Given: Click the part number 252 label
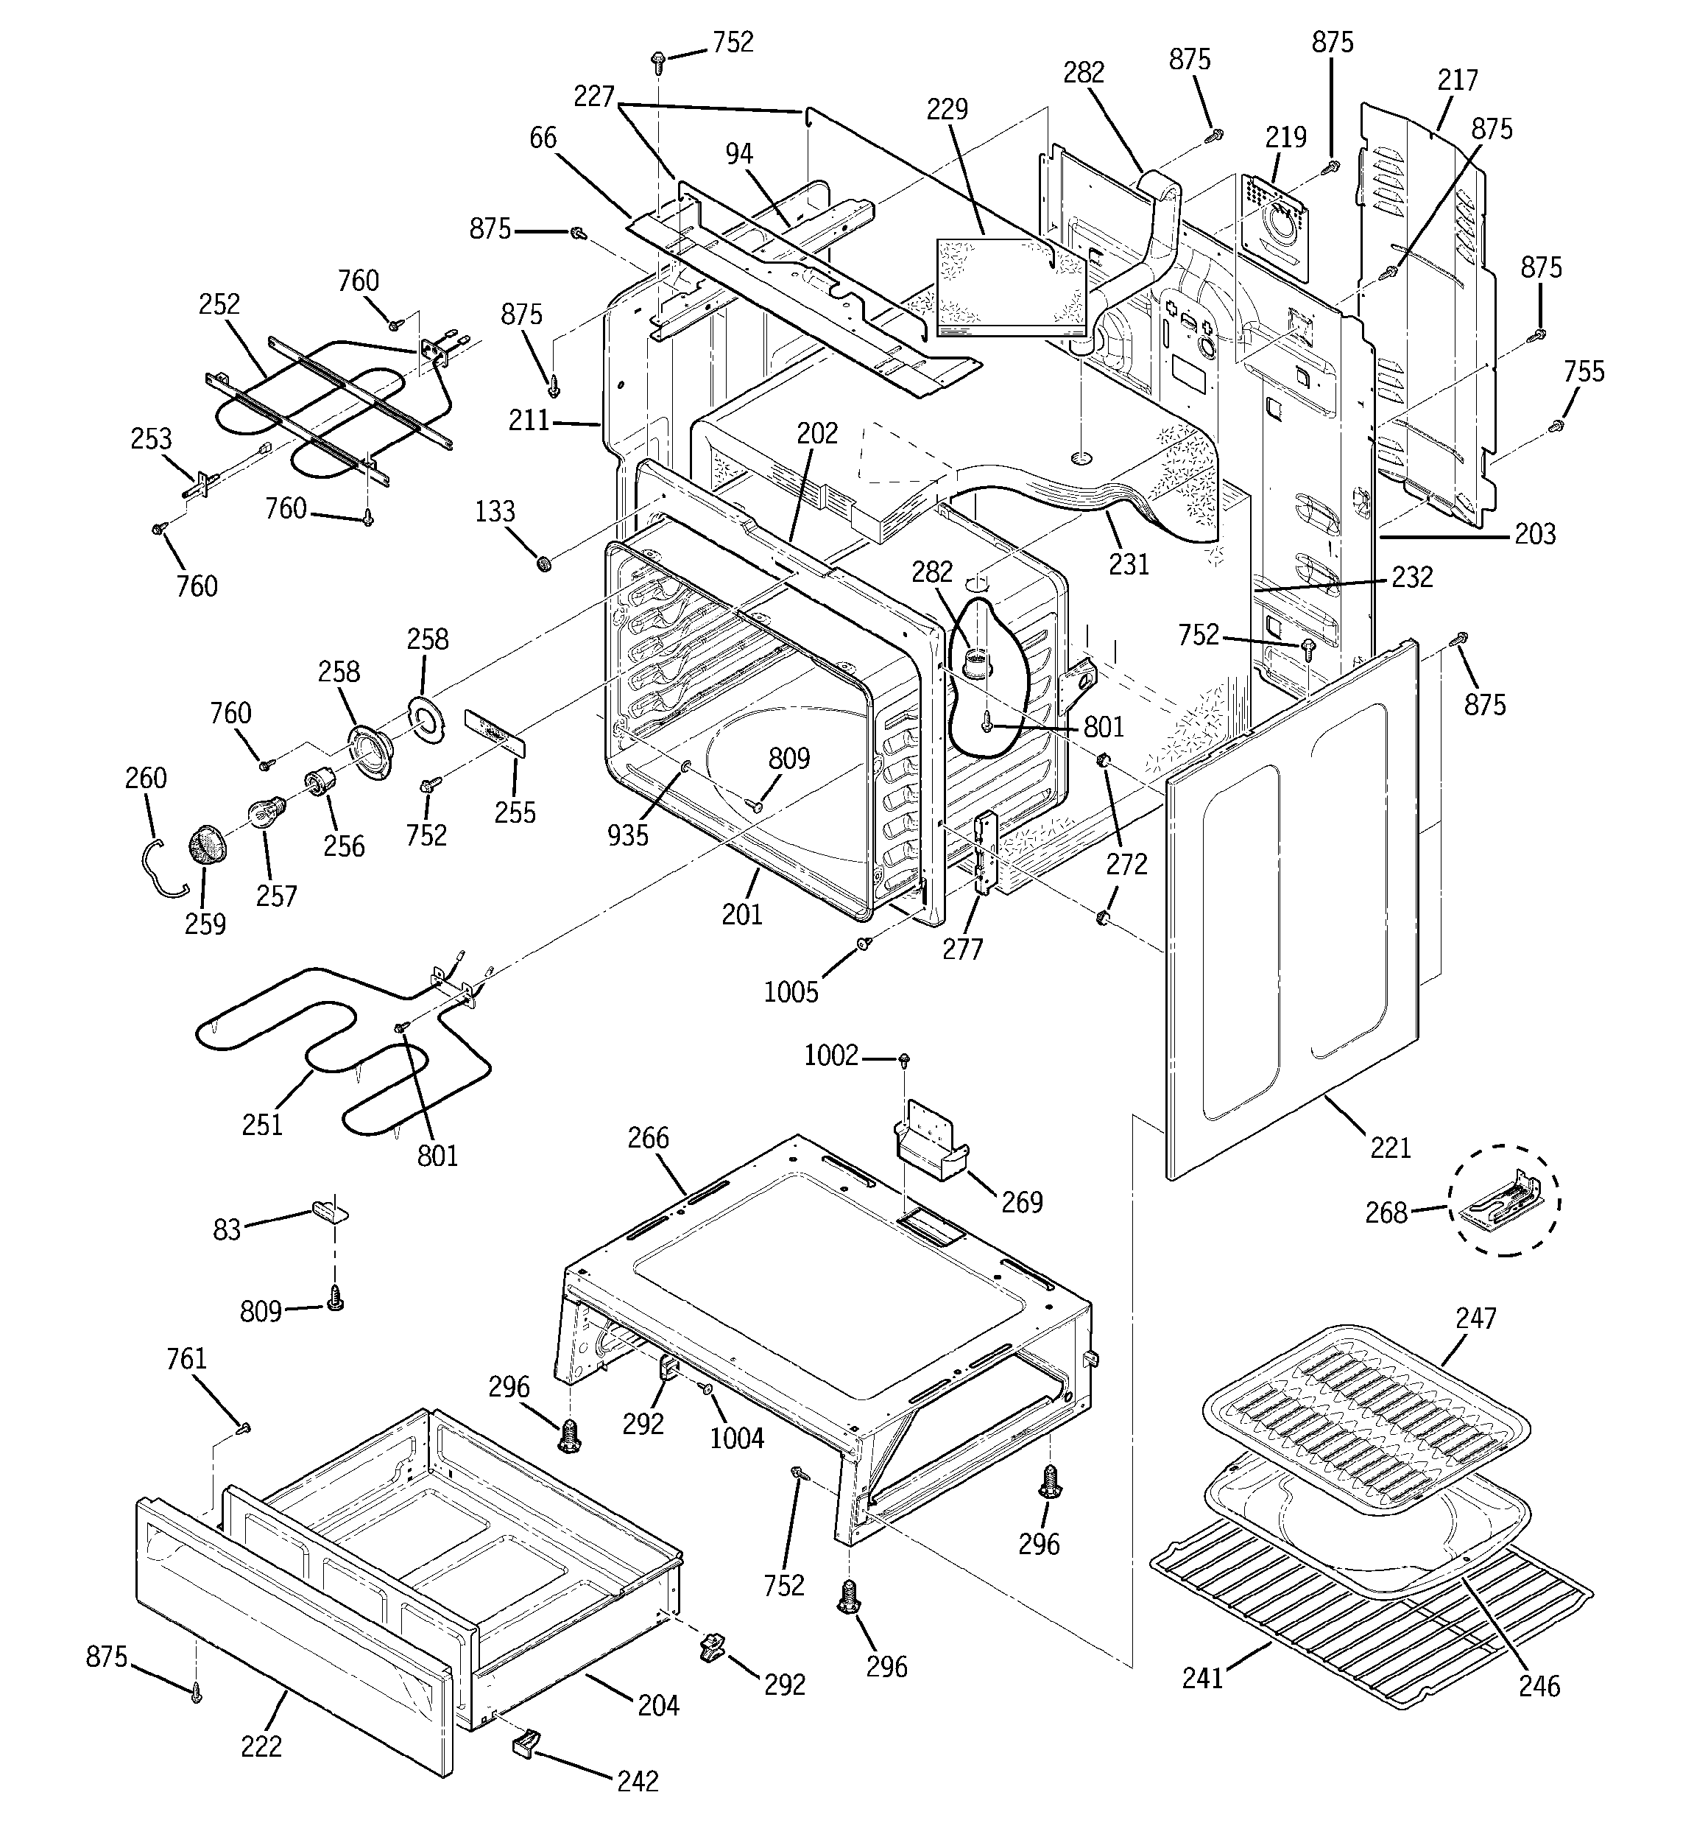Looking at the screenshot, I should click(x=219, y=303).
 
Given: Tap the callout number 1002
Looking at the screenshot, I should click(x=830, y=1055).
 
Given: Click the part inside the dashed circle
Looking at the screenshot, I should click(x=1503, y=1201).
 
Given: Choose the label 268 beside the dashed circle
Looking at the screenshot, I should click(x=1386, y=1212).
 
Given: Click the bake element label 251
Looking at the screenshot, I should click(x=262, y=1124).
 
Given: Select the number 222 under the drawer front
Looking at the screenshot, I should click(x=261, y=1747).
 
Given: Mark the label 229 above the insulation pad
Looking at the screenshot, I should click(x=947, y=109).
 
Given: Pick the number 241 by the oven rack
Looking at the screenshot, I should click(x=1202, y=1678).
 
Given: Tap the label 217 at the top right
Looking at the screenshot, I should click(x=1457, y=81).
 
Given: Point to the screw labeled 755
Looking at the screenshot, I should click(x=1556, y=426).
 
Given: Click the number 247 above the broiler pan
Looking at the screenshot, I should click(x=1475, y=1318).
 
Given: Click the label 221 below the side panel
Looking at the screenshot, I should click(x=1390, y=1146).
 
